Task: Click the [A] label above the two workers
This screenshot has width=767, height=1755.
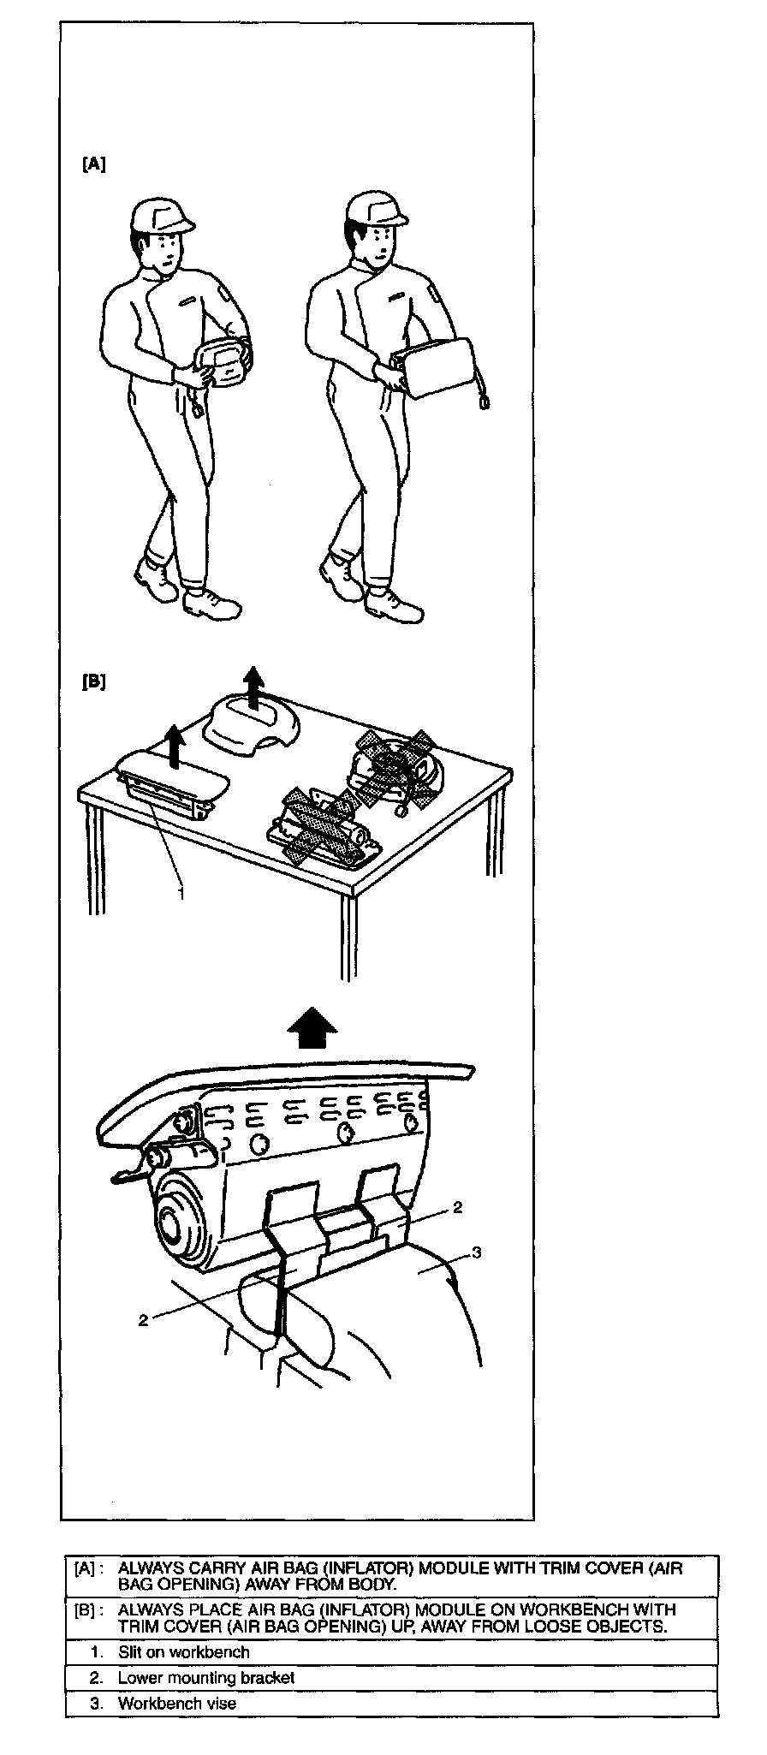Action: pos(93,164)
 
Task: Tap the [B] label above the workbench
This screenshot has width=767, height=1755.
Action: pos(93,682)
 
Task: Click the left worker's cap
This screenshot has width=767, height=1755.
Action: pos(162,216)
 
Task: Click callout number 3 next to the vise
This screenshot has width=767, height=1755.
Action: pos(477,1252)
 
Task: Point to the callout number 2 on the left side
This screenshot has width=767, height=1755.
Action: pos(143,1320)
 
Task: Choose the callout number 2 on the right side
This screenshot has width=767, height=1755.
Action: pos(457,1207)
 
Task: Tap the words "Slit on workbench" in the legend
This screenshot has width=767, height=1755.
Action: pos(183,1651)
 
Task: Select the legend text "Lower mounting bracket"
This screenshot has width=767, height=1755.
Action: pos(205,1677)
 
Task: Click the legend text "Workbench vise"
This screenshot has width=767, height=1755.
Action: pos(176,1703)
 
